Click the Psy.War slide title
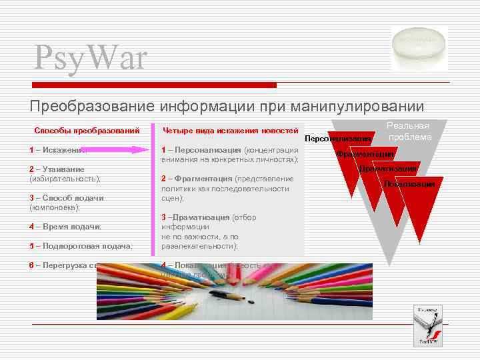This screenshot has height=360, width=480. click(90, 57)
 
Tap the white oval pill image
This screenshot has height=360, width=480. click(418, 44)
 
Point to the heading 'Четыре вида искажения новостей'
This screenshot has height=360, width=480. click(231, 130)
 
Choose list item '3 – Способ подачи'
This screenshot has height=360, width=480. click(66, 198)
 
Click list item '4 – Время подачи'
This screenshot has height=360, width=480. click(65, 227)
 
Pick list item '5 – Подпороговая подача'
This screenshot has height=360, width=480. click(80, 246)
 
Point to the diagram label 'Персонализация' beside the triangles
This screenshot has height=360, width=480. click(337, 139)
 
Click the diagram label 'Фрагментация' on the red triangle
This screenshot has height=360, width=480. click(365, 154)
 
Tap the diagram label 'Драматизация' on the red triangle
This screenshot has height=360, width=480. click(388, 169)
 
